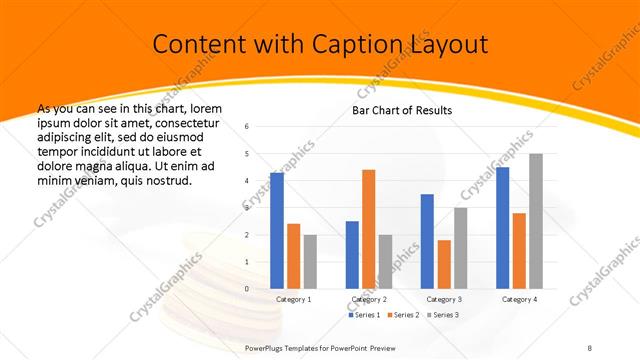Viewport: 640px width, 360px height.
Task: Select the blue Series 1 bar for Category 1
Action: tap(276, 230)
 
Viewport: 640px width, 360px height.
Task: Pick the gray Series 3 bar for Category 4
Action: tap(536, 221)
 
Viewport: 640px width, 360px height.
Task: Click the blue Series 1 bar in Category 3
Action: tap(427, 241)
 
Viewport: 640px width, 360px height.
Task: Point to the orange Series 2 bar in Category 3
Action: tap(444, 264)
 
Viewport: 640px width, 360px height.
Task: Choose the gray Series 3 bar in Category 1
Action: tap(310, 261)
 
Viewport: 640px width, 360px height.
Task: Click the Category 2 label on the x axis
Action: tap(368, 299)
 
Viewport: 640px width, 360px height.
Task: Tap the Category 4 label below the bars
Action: tap(519, 299)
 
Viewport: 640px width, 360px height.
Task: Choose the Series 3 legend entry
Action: tap(445, 316)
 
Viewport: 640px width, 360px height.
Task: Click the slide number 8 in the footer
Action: tap(589, 347)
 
